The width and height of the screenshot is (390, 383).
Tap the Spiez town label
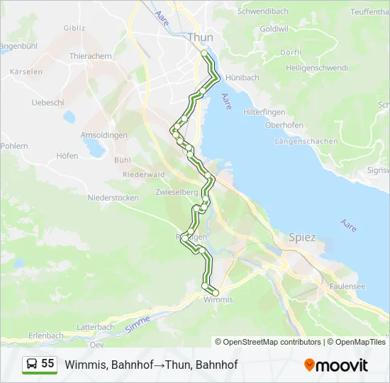[301, 238]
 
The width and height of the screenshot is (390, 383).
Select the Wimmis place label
[218, 300]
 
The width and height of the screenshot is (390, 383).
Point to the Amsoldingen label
[104, 135]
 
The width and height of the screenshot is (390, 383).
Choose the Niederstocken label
[113, 198]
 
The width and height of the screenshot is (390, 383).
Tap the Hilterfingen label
[264, 113]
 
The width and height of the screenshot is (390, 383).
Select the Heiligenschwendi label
[316, 68]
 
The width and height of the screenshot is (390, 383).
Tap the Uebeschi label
[48, 102]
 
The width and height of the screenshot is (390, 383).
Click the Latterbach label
[95, 326]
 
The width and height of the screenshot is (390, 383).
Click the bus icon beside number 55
[31, 364]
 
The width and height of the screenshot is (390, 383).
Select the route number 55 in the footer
[48, 363]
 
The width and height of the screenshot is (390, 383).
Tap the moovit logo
[336, 365]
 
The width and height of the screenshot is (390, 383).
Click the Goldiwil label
[274, 28]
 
